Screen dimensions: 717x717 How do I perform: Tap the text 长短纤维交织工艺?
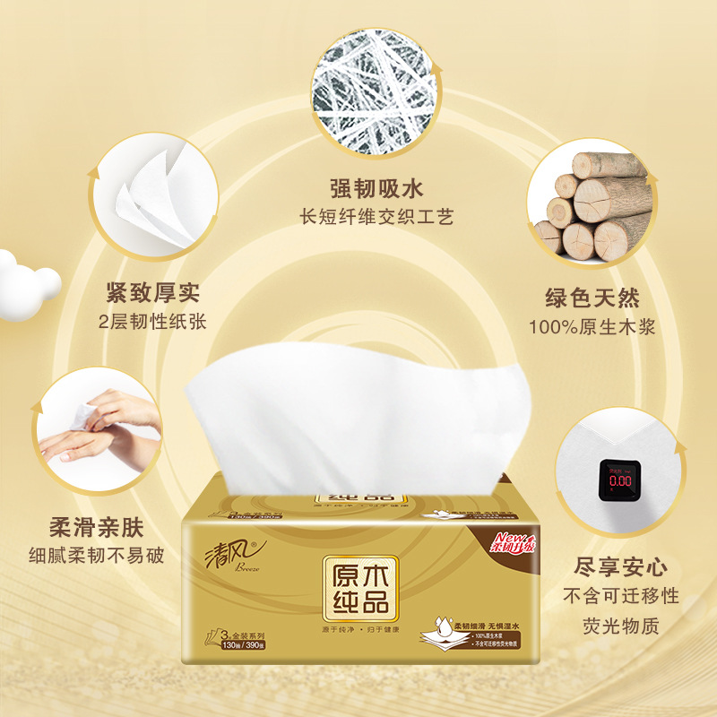point(376,217)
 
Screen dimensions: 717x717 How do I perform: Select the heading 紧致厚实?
point(152,293)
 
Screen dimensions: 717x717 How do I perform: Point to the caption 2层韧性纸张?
point(152,321)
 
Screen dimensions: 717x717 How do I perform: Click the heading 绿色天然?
point(592,298)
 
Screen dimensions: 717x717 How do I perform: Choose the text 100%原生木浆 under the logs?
point(592,326)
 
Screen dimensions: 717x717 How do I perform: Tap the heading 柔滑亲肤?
point(98,527)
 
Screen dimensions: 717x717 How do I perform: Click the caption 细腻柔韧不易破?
point(97,555)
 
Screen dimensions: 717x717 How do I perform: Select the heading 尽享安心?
point(621,567)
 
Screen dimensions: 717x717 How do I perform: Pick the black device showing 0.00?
point(616,479)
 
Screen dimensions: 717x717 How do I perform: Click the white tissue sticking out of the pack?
point(358,412)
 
